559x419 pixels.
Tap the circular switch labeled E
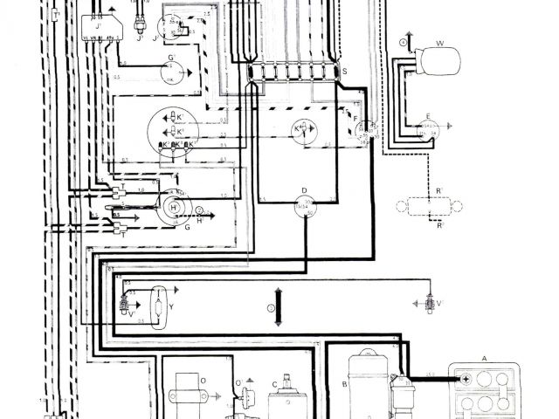coord(429,131)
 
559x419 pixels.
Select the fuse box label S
coord(344,70)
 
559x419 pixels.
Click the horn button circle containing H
coord(173,207)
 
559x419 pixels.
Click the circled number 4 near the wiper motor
coord(403,42)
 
